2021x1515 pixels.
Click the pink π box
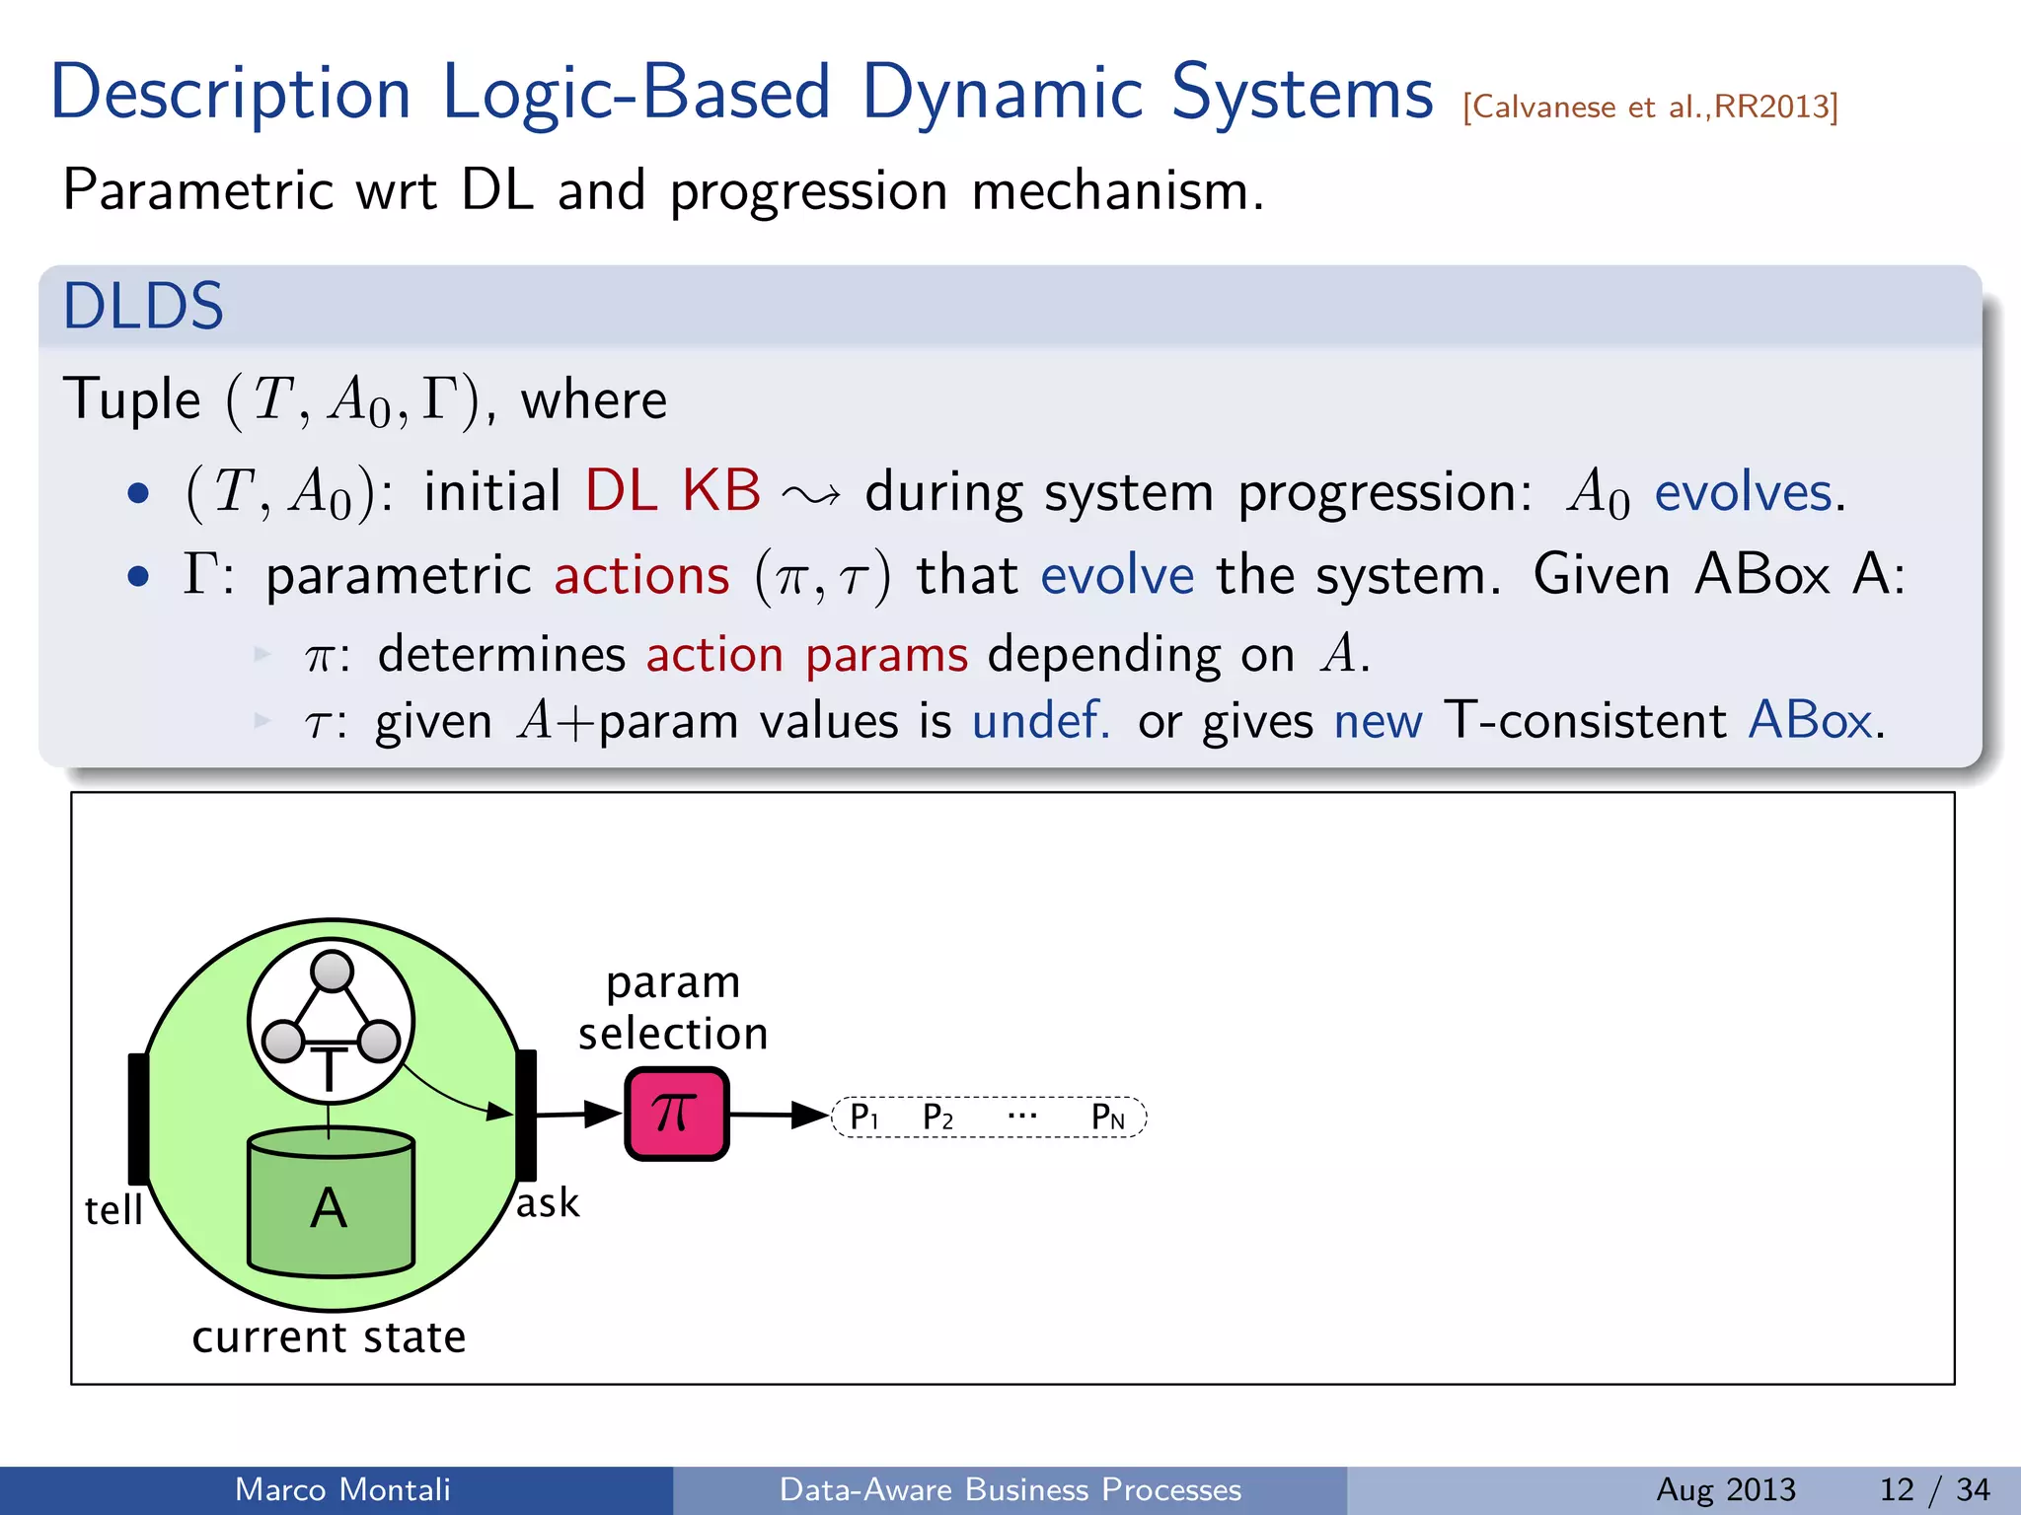coord(676,1114)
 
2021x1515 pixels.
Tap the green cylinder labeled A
coord(331,1206)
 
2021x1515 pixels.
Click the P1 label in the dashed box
coord(863,1118)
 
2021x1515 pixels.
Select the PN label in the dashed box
coord(1107,1118)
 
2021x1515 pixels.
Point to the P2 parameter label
coord(937,1118)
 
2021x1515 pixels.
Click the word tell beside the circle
coord(113,1210)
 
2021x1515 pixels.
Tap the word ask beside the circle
coord(548,1203)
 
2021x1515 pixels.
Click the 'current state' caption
coord(329,1337)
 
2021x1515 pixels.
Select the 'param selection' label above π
coord(673,1007)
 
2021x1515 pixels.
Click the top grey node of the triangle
coord(332,971)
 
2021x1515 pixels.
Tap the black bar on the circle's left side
coord(138,1118)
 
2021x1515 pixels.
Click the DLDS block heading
coord(144,306)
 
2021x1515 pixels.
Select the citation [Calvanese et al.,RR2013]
coord(1650,107)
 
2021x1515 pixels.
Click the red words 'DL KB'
coord(673,490)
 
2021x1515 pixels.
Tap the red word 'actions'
coord(641,575)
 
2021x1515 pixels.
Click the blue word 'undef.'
coord(1041,720)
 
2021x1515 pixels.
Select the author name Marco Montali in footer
coord(342,1489)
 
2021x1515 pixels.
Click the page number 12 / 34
coord(1934,1489)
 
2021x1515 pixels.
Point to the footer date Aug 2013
coord(1725,1489)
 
